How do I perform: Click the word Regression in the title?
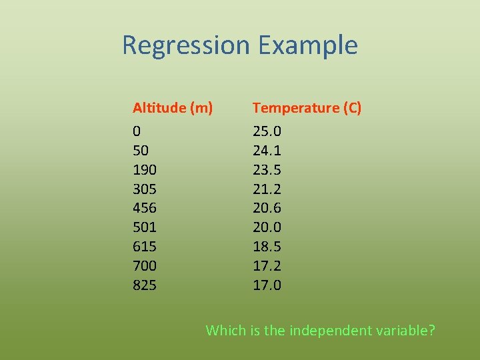tap(186, 46)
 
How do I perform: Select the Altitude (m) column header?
tap(173, 108)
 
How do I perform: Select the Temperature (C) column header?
tap(307, 108)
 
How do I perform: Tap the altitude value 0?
tap(137, 131)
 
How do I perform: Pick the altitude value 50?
tap(141, 150)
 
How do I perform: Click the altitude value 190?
tap(145, 169)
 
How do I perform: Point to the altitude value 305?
tap(145, 189)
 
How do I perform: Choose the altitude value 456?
tap(145, 208)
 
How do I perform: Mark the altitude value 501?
tap(145, 227)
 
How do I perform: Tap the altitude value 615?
tap(145, 247)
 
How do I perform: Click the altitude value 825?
tap(145, 285)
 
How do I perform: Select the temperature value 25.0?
tap(267, 131)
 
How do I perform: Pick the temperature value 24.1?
tap(267, 150)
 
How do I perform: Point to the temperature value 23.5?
tap(267, 169)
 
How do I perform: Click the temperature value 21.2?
tap(267, 189)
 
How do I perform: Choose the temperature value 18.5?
tap(267, 247)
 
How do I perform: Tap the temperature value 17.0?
tap(267, 285)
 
